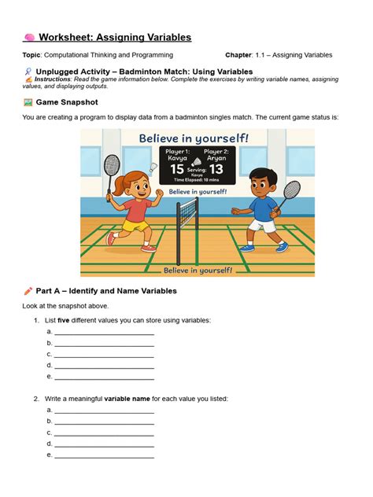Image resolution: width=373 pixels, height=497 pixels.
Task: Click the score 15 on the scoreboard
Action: [178, 168]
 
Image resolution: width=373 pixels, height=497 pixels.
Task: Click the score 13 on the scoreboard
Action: [216, 168]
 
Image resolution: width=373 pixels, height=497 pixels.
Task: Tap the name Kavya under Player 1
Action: [178, 156]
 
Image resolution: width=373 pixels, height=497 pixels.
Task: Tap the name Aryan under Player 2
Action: [216, 156]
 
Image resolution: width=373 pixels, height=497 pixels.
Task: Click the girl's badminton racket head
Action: [112, 165]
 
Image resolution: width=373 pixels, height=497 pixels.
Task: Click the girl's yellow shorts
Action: [136, 225]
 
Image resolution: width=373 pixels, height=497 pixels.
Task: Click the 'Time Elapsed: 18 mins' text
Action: [197, 180]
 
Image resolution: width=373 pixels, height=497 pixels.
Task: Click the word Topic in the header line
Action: [31, 55]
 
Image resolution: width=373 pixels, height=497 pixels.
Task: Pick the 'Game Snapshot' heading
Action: [64, 102]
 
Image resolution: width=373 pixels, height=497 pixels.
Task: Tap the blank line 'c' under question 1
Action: [104, 355]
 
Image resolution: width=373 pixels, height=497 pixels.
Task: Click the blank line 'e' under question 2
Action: [104, 455]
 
